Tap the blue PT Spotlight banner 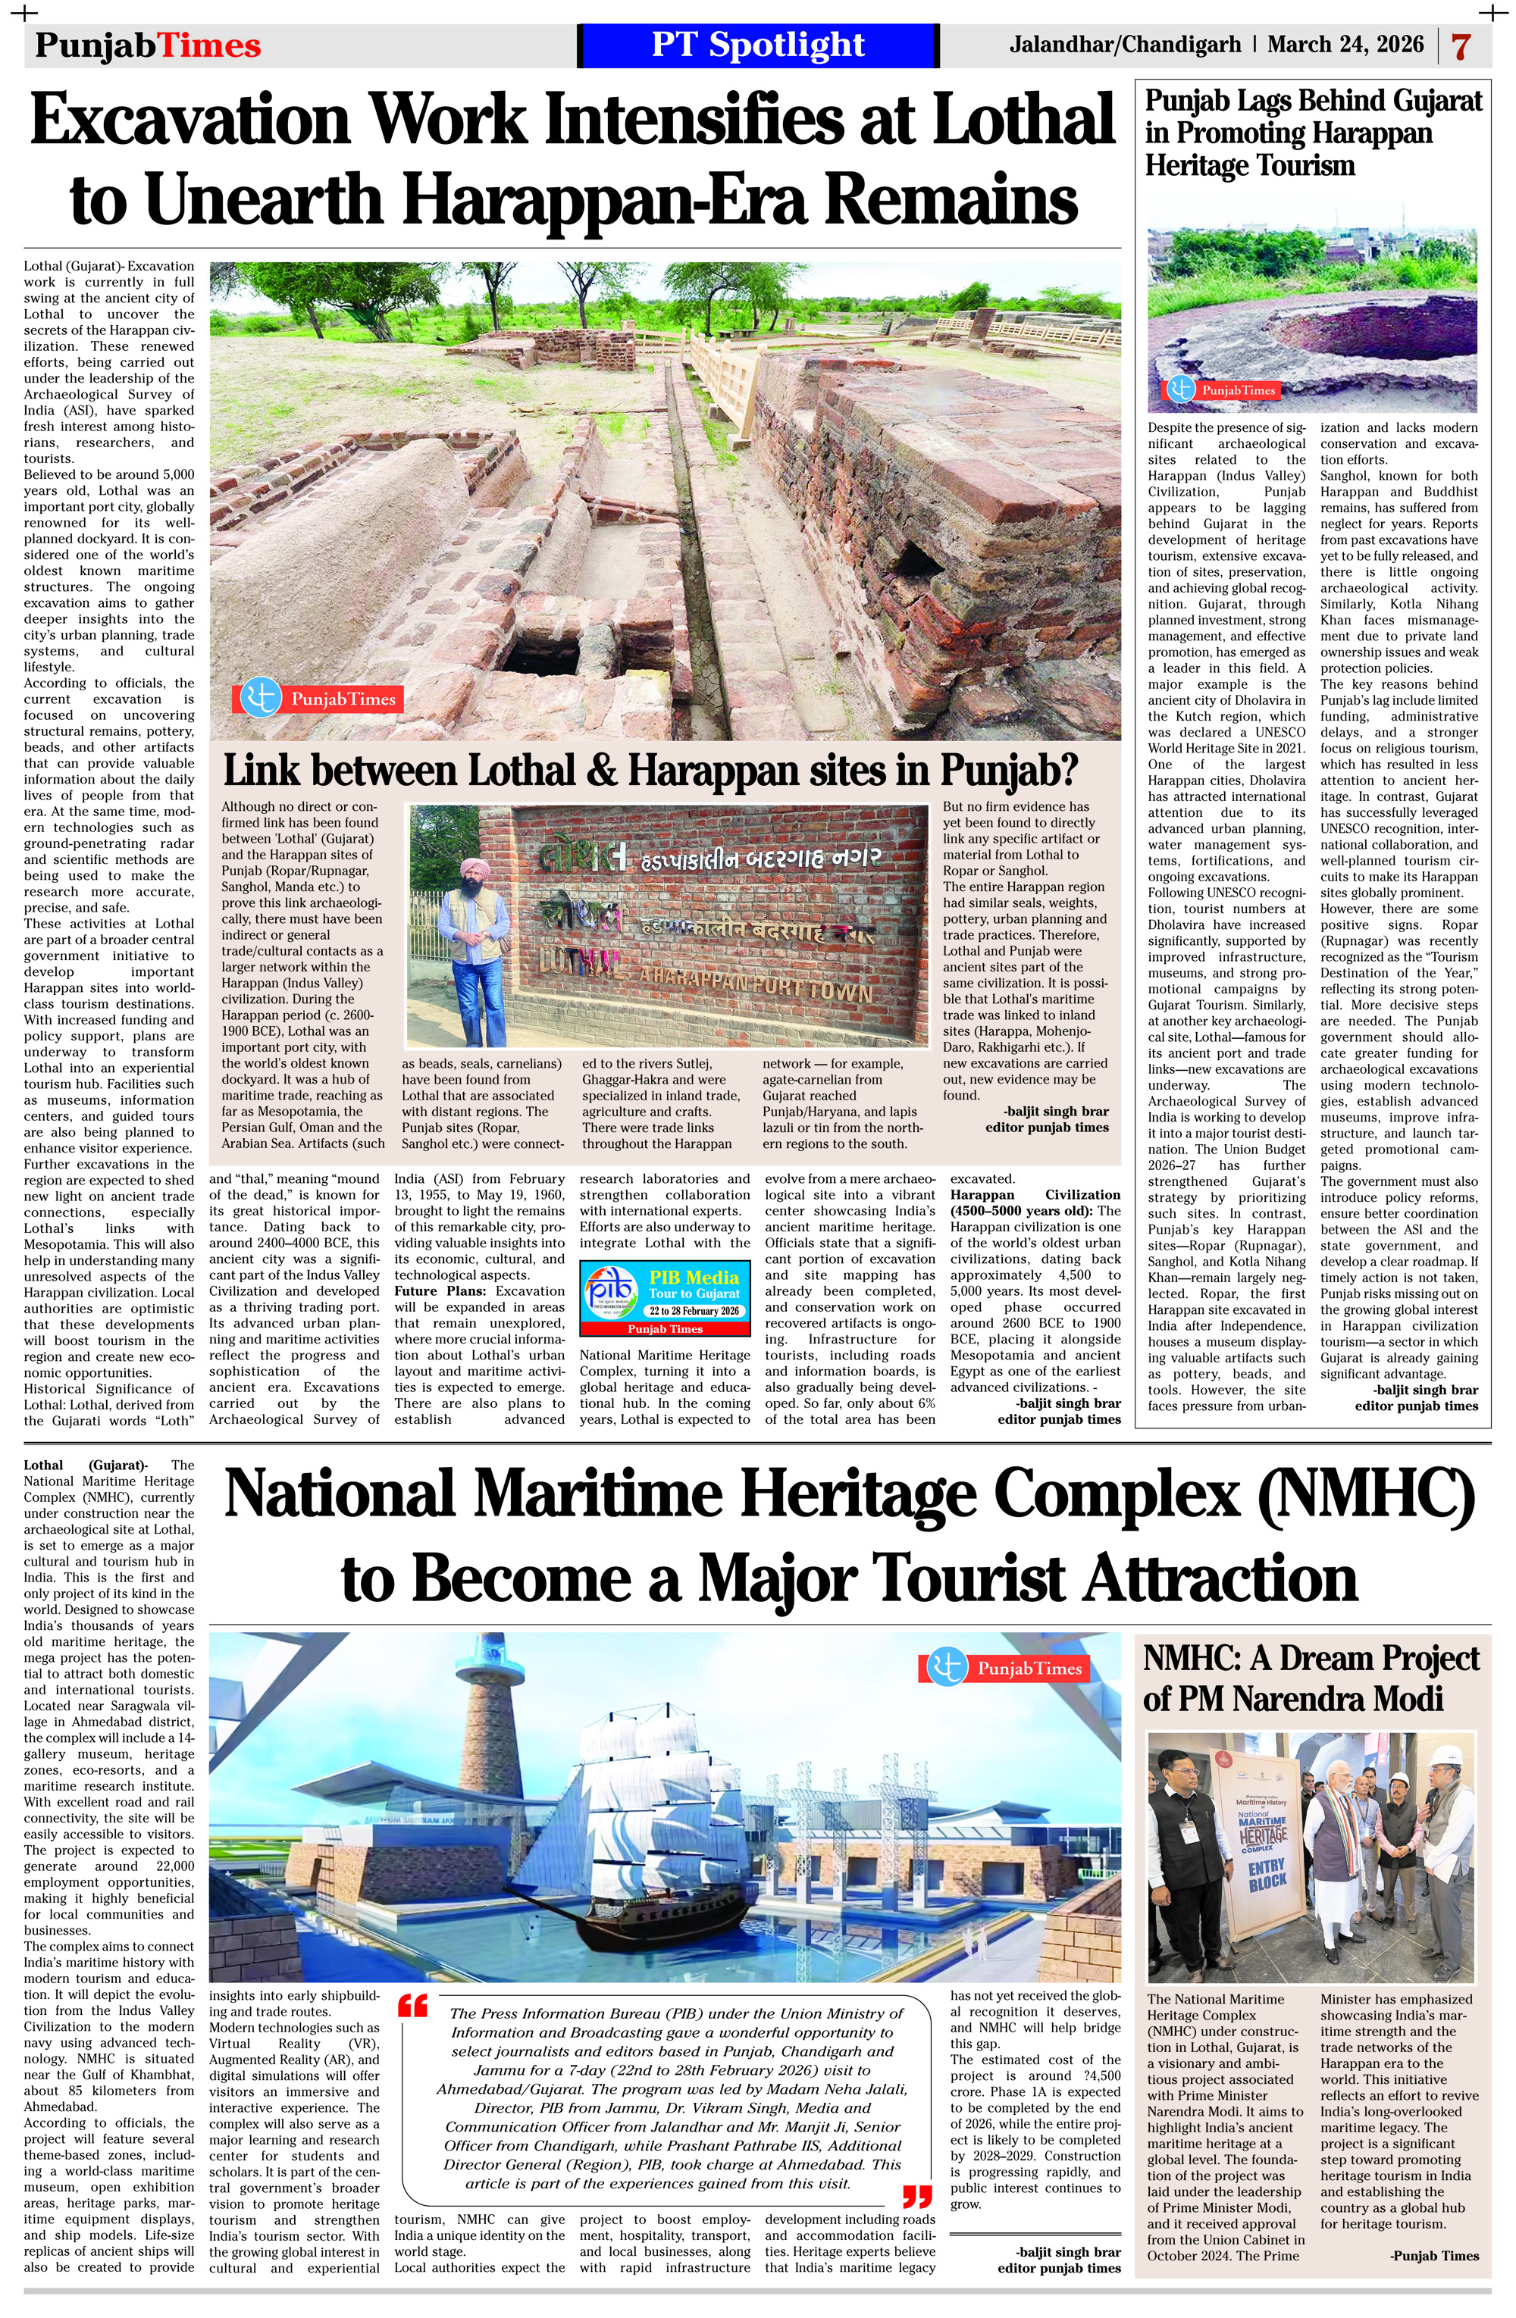(x=758, y=45)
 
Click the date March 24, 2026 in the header (x=1345, y=45)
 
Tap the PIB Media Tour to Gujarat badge (x=666, y=1297)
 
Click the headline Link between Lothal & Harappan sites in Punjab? (x=650, y=771)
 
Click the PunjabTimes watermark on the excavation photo (x=318, y=699)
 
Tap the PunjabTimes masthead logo (x=148, y=45)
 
